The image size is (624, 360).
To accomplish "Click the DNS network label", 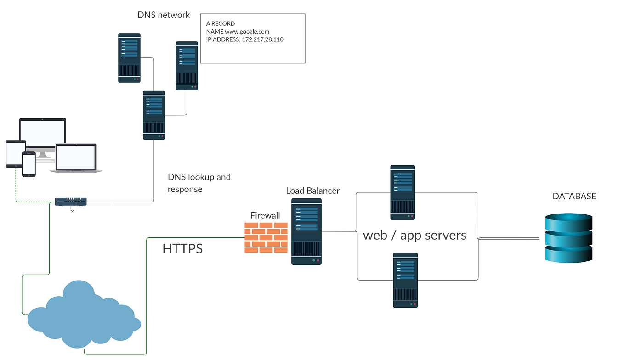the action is tap(164, 15).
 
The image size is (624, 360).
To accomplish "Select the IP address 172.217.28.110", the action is tap(262, 39).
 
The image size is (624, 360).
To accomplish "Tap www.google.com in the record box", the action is tap(247, 32).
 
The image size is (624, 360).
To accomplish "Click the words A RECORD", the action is tap(221, 24).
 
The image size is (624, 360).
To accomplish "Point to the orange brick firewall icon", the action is tap(266, 237).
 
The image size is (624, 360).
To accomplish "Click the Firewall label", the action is tap(265, 215).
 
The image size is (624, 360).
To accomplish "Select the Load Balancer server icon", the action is tap(306, 231).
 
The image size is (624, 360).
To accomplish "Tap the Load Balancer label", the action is tap(312, 191).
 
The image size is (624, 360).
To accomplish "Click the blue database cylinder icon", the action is tap(568, 238).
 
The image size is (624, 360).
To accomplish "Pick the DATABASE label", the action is tap(574, 196).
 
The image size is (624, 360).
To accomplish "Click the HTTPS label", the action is tap(182, 248).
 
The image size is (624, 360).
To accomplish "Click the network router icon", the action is tap(71, 202).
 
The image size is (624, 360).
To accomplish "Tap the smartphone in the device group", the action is tap(28, 164).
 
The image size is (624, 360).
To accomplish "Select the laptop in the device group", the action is tap(76, 158).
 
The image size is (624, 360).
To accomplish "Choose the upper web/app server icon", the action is tap(403, 192).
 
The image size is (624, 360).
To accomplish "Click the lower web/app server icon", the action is tap(405, 281).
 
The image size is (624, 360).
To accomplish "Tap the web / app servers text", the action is tap(414, 235).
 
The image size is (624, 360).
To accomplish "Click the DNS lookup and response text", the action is tap(199, 183).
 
